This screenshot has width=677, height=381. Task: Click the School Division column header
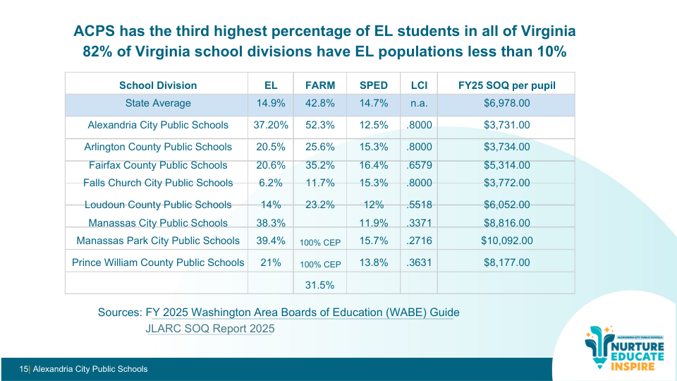(158, 85)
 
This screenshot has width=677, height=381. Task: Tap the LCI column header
(419, 85)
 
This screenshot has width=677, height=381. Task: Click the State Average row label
(158, 103)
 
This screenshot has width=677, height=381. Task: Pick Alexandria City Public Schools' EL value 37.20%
(271, 125)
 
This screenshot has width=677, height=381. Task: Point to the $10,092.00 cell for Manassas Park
(506, 241)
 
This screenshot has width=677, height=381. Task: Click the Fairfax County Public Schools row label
(158, 165)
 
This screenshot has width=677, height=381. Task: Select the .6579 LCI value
(419, 165)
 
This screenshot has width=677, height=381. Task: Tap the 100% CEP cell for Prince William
(320, 265)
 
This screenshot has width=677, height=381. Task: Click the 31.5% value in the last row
(320, 285)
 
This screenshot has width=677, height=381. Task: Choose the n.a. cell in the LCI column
(419, 103)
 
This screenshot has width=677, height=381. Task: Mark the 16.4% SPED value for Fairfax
(374, 165)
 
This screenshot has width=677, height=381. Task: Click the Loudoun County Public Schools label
(158, 205)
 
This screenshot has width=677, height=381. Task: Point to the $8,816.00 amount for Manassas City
(506, 223)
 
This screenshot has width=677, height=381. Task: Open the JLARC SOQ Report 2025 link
(210, 329)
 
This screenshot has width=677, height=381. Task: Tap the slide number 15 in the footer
(23, 369)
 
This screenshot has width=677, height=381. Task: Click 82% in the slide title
(97, 52)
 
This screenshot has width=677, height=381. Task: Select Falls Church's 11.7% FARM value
(320, 183)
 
